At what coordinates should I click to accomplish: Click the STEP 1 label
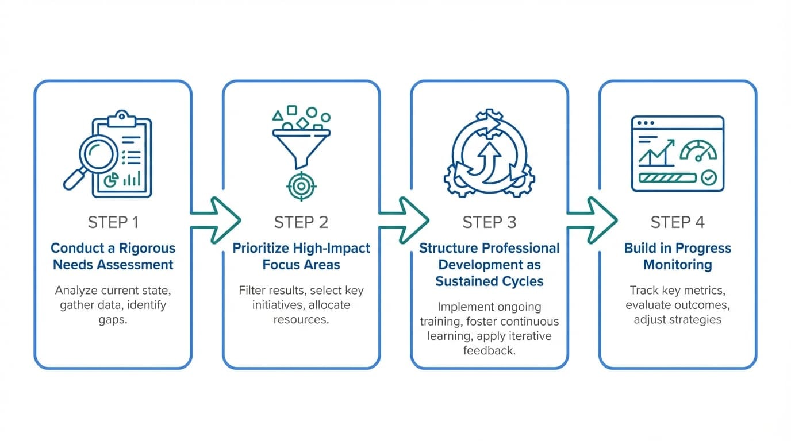(113, 222)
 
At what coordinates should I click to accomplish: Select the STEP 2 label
(301, 222)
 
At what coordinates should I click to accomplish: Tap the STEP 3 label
(489, 222)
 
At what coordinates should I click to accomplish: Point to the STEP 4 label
(677, 222)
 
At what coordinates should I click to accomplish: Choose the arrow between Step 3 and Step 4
(592, 220)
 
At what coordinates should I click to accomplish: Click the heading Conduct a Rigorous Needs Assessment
(113, 256)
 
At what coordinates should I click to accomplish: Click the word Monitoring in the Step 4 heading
(677, 265)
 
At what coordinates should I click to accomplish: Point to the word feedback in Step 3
(489, 350)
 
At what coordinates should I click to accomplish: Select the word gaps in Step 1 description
(113, 319)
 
